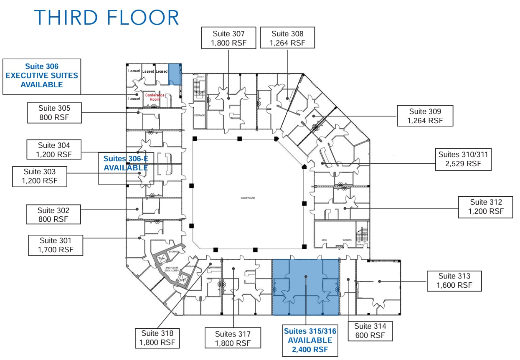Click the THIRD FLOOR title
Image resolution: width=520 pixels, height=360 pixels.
(x=107, y=18)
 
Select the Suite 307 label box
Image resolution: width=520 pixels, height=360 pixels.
(x=228, y=38)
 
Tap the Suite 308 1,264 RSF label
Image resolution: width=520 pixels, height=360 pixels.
(x=287, y=38)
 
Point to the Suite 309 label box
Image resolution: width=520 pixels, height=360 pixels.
(x=425, y=116)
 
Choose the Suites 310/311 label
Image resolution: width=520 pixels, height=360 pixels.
(x=463, y=159)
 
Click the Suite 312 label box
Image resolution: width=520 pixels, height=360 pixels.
(x=486, y=206)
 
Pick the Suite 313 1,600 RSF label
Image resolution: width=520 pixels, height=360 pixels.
(x=454, y=281)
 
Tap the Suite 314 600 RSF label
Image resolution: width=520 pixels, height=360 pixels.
(x=370, y=330)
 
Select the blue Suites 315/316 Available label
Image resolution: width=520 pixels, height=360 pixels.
(x=310, y=340)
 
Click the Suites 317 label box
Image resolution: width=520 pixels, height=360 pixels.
(x=233, y=338)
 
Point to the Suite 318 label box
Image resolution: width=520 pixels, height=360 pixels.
(x=157, y=338)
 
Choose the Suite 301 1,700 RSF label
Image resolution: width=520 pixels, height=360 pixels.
(x=56, y=245)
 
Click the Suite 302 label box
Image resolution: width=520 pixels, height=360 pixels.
(x=53, y=215)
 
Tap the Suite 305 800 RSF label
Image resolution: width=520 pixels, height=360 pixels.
(x=54, y=112)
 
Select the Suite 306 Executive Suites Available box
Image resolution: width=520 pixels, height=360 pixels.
(x=41, y=76)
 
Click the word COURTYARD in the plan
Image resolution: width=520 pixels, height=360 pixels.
(x=247, y=198)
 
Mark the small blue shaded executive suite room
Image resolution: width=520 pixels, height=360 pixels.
(x=175, y=74)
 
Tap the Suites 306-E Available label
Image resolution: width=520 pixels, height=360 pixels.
(x=125, y=163)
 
